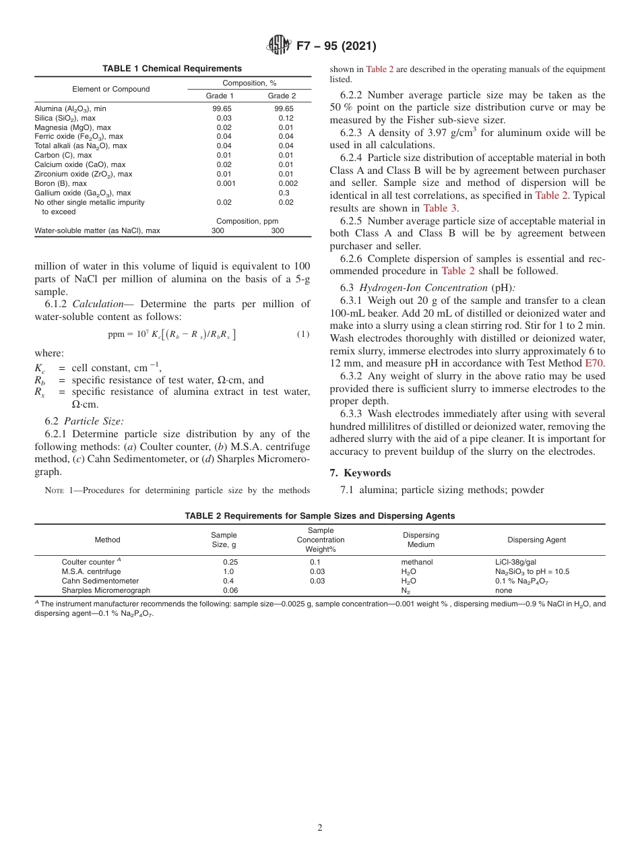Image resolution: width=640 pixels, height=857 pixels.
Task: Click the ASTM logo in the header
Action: [278, 46]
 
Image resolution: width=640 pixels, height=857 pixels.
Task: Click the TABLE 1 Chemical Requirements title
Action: [172, 69]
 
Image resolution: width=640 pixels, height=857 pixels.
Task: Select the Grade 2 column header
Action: [282, 96]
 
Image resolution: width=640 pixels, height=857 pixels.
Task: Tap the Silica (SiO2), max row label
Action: [65, 118]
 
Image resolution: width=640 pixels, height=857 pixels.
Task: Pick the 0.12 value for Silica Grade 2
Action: [286, 118]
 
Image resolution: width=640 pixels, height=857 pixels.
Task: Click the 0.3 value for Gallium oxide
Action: [284, 193]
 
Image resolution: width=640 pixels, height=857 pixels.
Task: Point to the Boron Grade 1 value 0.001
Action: [224, 183]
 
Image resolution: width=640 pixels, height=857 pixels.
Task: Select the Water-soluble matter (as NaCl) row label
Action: [97, 230]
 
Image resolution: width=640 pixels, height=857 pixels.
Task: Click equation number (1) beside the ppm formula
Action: [303, 334]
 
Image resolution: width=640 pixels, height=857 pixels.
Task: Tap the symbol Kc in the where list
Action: [40, 368]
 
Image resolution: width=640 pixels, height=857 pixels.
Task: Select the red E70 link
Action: [595, 363]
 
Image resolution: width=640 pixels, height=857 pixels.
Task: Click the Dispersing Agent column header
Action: [536, 540]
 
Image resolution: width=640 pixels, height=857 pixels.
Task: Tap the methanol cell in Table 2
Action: [416, 562]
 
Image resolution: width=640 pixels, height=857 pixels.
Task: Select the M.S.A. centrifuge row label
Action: [91, 571]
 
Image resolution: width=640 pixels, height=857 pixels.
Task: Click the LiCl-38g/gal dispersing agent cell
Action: [515, 562]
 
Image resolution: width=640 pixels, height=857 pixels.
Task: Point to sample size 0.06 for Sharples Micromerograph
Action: [230, 590]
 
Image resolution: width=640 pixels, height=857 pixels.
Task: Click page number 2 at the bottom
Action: [320, 828]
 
